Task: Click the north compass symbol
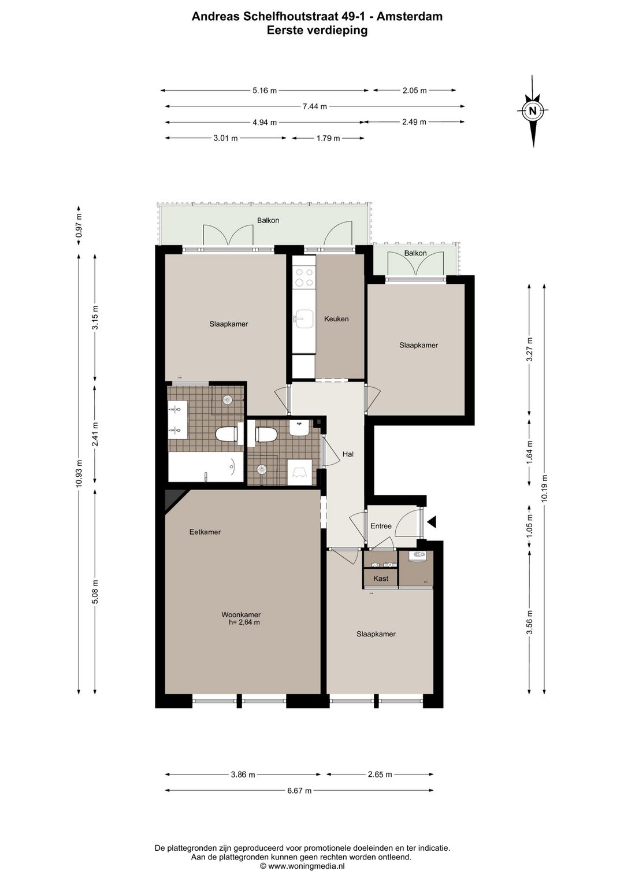533,111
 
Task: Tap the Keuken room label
336,319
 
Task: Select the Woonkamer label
241,615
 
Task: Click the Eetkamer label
205,532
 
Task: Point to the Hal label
348,454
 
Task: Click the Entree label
381,526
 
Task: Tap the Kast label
381,579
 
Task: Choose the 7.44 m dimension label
315,106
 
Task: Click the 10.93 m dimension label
79,474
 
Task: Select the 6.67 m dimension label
299,791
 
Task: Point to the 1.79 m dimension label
328,138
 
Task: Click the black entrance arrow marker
432,522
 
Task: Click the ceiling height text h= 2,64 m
244,622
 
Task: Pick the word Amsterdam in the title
410,16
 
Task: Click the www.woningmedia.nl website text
306,866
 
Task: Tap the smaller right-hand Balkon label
415,253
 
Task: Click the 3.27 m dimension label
529,349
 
